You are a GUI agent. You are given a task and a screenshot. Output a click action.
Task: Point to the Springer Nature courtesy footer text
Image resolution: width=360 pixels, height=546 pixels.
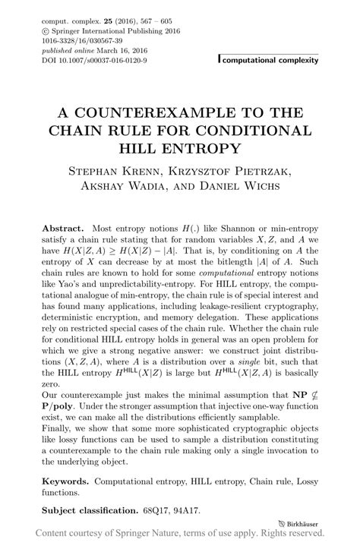(x=179, y=535)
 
